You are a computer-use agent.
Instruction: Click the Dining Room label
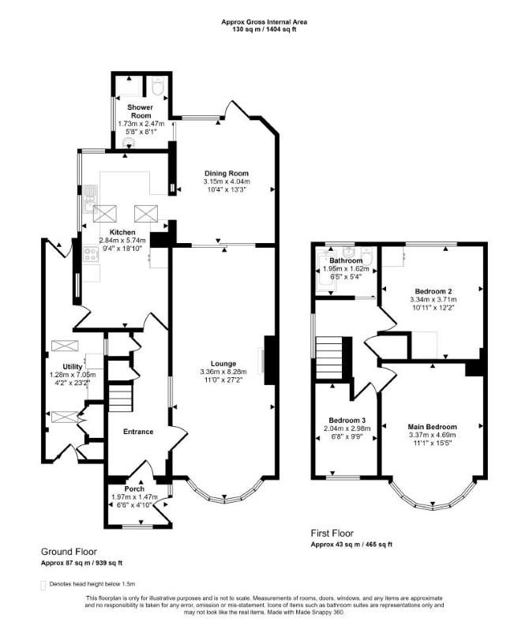pos(226,174)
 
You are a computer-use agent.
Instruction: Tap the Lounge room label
pos(223,364)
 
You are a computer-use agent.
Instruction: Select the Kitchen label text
pos(122,232)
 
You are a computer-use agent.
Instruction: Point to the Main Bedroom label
pos(432,427)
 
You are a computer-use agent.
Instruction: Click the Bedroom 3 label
pos(347,420)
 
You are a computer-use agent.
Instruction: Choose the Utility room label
pos(73,367)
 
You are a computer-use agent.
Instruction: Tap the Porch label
pos(134,488)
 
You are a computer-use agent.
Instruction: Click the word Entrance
pos(138,432)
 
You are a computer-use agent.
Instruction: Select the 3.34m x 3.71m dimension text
pos(433,299)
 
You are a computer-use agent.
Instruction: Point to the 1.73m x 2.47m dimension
pos(141,124)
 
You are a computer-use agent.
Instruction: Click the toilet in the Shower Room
pos(159,86)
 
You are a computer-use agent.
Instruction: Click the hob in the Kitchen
pos(91,254)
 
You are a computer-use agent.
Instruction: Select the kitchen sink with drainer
pos(90,200)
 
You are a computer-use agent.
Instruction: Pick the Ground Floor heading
pos(69,552)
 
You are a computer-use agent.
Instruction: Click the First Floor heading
pos(332,533)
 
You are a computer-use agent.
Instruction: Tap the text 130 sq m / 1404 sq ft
pos(264,29)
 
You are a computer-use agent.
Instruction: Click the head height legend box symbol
pos(43,585)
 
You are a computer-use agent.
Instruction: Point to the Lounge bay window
pos(224,497)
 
